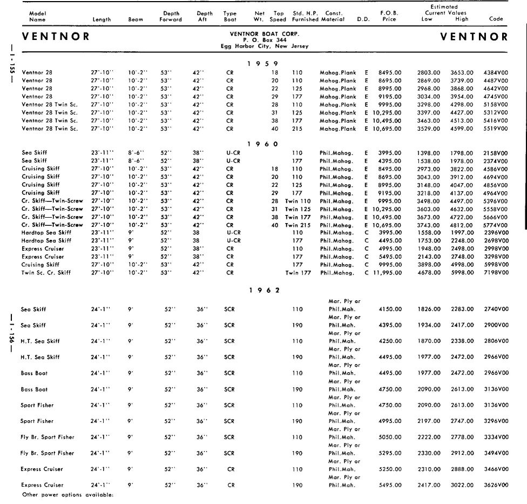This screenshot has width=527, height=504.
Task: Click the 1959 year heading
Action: (x=263, y=64)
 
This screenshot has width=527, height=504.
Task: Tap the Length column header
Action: (x=102, y=19)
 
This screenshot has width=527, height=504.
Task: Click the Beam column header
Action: (x=136, y=19)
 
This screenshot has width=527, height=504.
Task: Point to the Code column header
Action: (x=496, y=19)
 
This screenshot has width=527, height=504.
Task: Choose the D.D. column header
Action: (x=363, y=19)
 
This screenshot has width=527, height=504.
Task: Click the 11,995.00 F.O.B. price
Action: (x=385, y=273)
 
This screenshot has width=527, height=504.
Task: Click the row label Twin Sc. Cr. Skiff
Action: (x=46, y=273)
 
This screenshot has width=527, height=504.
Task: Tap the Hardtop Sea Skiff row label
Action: (x=46, y=232)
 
